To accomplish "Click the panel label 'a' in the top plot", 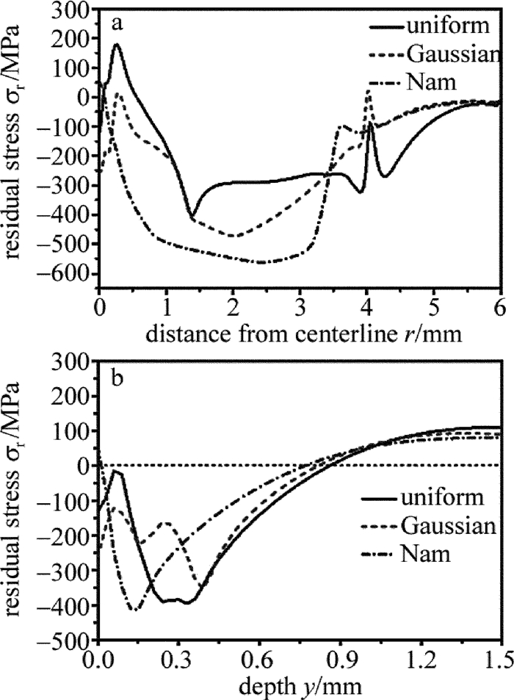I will click(117, 24).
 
